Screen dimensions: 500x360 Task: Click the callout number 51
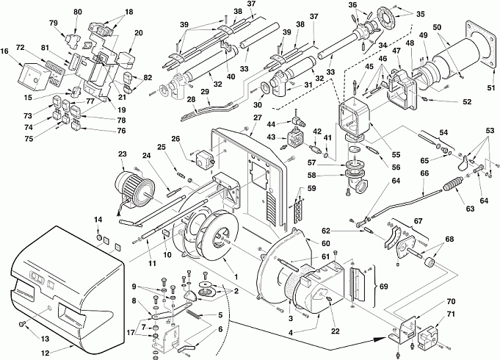pos(491,87)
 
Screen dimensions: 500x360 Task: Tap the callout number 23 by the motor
pos(123,154)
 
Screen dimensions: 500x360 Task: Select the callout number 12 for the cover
pos(46,353)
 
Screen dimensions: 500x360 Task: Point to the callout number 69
pos(383,287)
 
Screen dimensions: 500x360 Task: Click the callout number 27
pos(257,118)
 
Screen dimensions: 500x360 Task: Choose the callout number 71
pos(452,315)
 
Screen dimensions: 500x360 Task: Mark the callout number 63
pos(470,209)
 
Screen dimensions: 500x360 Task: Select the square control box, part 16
pos(33,76)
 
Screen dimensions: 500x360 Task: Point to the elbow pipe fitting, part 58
pos(358,182)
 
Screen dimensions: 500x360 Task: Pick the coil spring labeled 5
pos(194,314)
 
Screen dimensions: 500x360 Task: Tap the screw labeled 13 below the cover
pos(22,324)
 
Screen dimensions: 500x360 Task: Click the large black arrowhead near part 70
pos(381,338)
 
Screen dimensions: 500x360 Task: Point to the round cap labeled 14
pos(99,237)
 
